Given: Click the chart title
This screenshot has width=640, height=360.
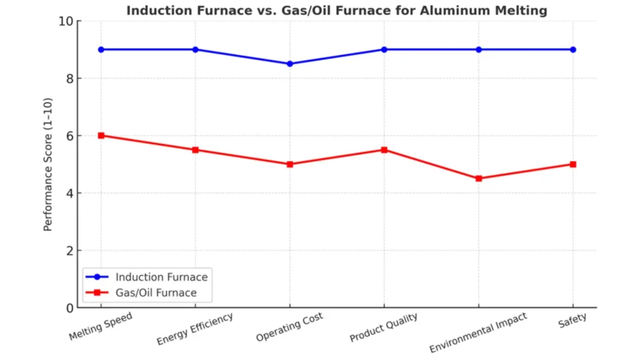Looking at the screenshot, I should pyautogui.click(x=336, y=10).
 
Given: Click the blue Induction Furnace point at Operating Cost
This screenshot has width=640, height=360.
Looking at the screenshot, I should pyautogui.click(x=290, y=64).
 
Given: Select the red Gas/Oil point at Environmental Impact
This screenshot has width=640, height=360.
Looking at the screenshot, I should pyautogui.click(x=479, y=179).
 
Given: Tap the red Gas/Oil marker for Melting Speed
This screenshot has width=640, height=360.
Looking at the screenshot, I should pyautogui.click(x=101, y=136).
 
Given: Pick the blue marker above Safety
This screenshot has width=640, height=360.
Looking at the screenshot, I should pyautogui.click(x=573, y=49).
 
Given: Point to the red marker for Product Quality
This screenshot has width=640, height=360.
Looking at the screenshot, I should pyautogui.click(x=384, y=150).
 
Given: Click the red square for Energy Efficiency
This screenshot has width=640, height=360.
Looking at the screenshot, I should pyautogui.click(x=196, y=150).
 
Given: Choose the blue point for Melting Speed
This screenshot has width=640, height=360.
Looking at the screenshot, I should pyautogui.click(x=101, y=49).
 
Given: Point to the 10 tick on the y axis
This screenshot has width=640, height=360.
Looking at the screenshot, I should pyautogui.click(x=66, y=21).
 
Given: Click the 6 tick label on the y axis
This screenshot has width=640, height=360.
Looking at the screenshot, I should pyautogui.click(x=69, y=136).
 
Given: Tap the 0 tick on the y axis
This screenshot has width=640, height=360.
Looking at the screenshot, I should pyautogui.click(x=69, y=307).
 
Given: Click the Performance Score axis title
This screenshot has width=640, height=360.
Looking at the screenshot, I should pyautogui.click(x=48, y=164).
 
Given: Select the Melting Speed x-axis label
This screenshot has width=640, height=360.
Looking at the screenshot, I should pyautogui.click(x=101, y=327).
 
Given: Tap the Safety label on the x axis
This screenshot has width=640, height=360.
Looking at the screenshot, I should pyautogui.click(x=572, y=319).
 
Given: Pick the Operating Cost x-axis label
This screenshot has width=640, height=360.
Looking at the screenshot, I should pyautogui.click(x=289, y=327).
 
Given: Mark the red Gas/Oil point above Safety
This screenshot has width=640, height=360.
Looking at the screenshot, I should pyautogui.click(x=573, y=164).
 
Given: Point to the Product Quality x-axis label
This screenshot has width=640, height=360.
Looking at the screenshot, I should pyautogui.click(x=384, y=328).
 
